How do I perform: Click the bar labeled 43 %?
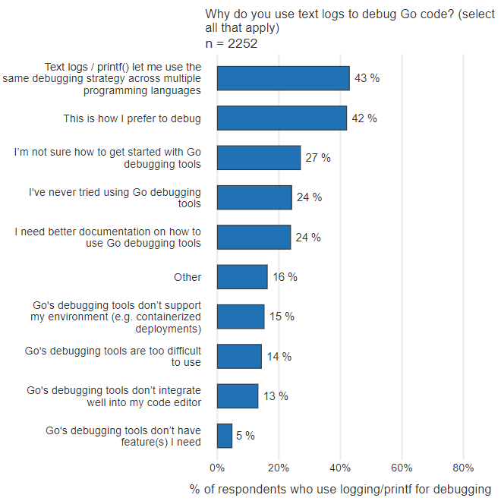[282, 78]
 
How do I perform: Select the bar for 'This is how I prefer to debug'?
[282, 118]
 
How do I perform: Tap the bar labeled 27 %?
[259, 158]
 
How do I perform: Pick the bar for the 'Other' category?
[242, 277]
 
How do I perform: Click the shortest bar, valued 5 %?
[225, 436]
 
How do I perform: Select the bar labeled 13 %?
[238, 396]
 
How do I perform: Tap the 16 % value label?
[285, 277]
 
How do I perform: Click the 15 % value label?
[282, 317]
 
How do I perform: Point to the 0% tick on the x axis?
[217, 468]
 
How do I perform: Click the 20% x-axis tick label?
[279, 468]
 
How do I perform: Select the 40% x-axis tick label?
[340, 468]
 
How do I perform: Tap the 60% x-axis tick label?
[402, 468]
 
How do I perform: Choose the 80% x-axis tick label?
[463, 468]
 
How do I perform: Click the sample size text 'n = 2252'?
[232, 43]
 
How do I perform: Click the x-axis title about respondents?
[340, 489]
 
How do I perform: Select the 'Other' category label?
[187, 277]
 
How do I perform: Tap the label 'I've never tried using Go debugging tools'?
[115, 197]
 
